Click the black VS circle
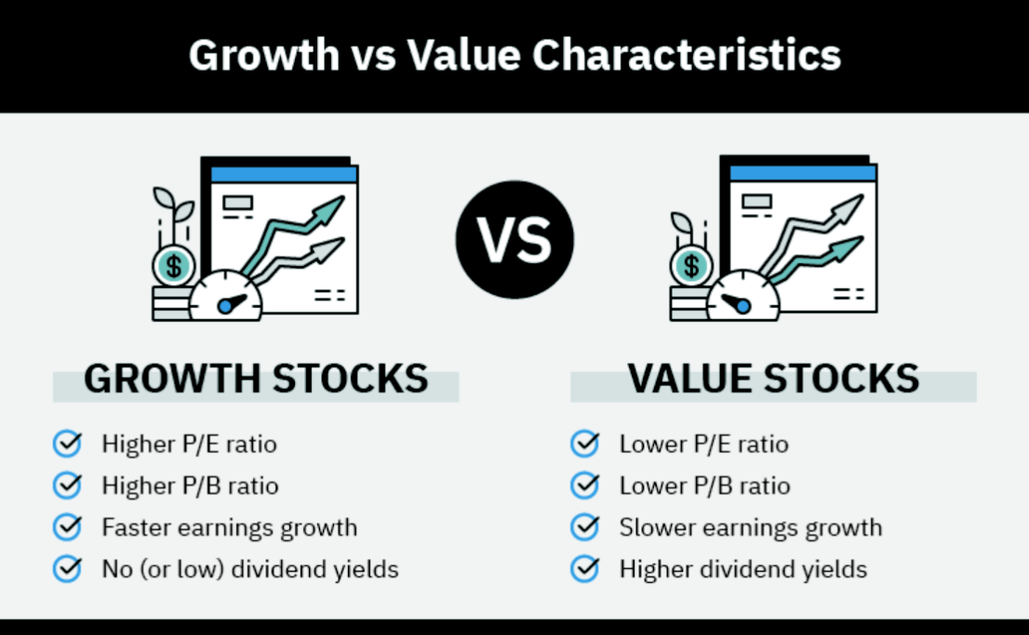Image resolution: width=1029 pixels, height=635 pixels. click(514, 240)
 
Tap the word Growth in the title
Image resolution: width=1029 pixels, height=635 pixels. click(264, 55)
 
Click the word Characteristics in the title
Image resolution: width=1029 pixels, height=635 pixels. click(687, 55)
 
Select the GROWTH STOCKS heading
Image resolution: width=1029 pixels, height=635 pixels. click(256, 378)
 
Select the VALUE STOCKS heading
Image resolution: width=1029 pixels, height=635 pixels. click(773, 378)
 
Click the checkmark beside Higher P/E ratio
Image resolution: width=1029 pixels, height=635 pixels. click(68, 443)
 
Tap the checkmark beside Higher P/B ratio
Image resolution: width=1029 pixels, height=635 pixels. click(68, 485)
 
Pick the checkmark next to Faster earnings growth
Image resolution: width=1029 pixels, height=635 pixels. click(68, 527)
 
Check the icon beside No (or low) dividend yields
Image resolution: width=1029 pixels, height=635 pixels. click(68, 569)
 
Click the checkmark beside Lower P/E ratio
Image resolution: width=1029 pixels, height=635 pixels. click(584, 443)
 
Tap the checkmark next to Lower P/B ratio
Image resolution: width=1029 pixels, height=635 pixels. click(584, 485)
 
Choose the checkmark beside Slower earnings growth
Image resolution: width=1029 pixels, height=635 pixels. click(584, 527)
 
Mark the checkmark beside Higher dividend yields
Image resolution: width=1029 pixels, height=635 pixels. click(584, 569)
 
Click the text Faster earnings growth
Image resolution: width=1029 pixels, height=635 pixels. click(230, 527)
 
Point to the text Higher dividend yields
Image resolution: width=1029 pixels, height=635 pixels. click(742, 569)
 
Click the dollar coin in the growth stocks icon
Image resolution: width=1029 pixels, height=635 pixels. click(173, 266)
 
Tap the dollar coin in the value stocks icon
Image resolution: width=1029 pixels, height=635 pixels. click(691, 266)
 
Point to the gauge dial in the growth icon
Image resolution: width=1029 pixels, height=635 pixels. click(226, 297)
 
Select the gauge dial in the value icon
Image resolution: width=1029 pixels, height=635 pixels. click(743, 297)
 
